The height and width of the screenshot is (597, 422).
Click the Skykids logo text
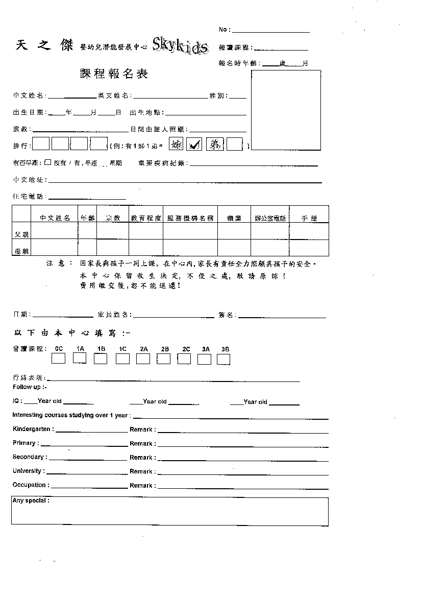[180, 46]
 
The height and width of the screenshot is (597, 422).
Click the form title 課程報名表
[114, 74]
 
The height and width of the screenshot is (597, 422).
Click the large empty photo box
[286, 110]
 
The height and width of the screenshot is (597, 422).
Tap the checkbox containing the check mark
[194, 145]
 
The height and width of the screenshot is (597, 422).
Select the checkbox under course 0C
[59, 359]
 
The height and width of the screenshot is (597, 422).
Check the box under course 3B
[224, 359]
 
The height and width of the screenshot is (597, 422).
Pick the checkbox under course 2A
[143, 359]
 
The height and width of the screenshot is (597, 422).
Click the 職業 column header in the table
[234, 218]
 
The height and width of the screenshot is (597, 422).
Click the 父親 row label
[21, 234]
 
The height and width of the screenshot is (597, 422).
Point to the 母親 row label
[21, 250]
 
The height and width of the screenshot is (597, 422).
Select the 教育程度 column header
[146, 218]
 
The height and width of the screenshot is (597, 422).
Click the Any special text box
[170, 512]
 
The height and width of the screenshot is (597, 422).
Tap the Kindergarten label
[33, 429]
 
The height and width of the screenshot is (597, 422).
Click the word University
[29, 471]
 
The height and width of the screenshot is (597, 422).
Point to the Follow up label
[30, 387]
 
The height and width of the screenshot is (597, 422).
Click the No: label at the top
[225, 30]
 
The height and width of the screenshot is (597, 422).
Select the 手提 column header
[309, 218]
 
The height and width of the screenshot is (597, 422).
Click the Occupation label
[31, 485]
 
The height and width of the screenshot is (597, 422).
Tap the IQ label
[17, 401]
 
